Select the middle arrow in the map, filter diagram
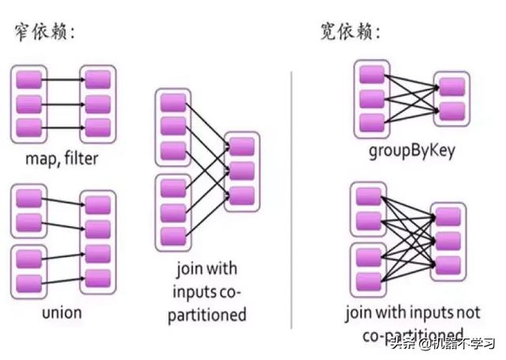62,103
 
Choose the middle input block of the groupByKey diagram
372,99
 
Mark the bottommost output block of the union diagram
98,277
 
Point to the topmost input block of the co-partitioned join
172,102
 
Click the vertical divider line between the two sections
292,198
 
